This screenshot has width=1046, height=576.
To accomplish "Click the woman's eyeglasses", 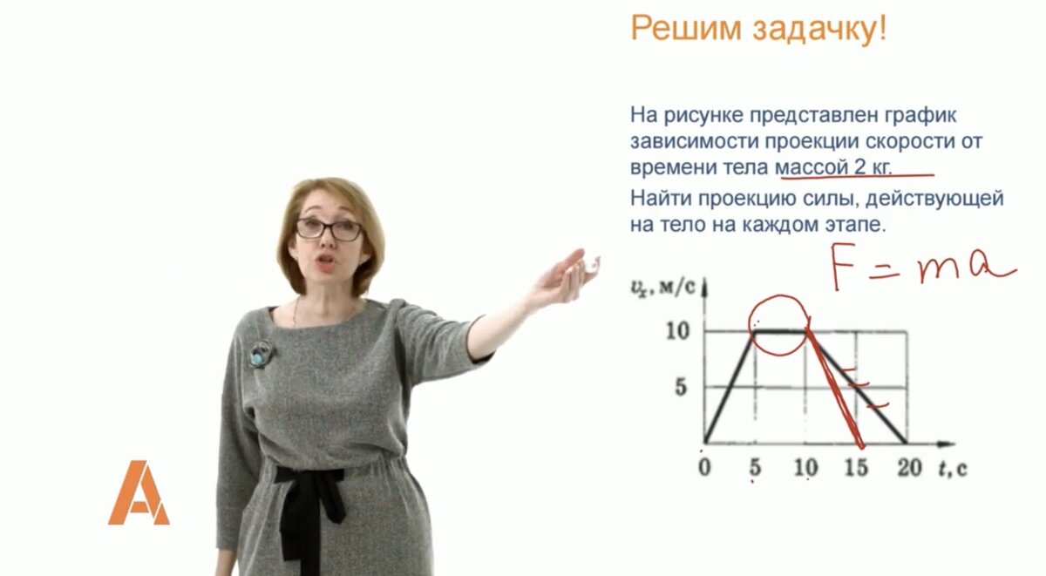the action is [x=329, y=229].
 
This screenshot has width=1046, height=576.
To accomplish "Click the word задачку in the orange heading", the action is [x=819, y=29].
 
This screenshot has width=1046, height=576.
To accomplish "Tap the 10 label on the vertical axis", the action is [x=677, y=331].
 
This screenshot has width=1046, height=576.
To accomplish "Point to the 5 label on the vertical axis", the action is [x=682, y=387].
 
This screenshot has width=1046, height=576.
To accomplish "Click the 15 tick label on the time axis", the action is [x=856, y=467].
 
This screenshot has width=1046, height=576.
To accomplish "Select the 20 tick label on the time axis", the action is [x=909, y=467].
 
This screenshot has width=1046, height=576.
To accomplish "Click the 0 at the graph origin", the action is [x=704, y=467].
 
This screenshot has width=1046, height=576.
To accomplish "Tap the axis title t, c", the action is [x=953, y=468].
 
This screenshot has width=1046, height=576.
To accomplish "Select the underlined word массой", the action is [x=812, y=167].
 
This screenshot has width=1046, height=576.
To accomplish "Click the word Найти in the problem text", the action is [x=662, y=199].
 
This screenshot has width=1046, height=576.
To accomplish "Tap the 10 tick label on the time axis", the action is [x=806, y=467].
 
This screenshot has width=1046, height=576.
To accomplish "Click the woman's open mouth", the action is [x=325, y=261].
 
